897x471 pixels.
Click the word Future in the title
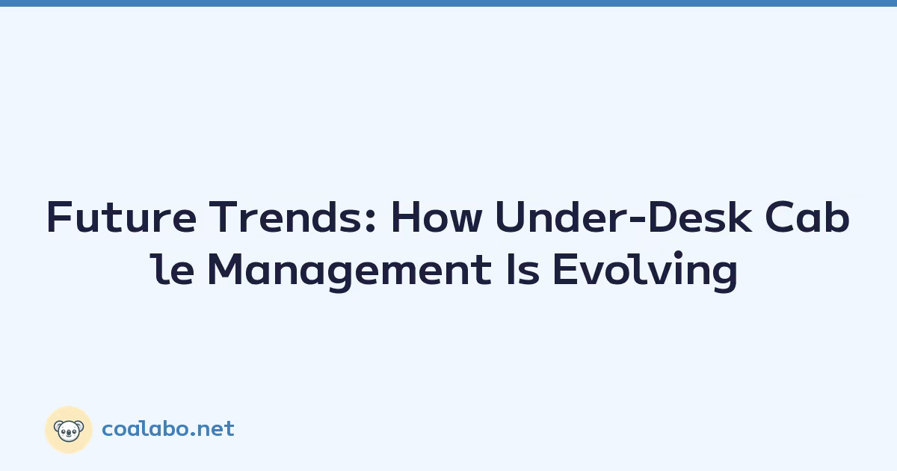coord(121,217)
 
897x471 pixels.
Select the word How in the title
coord(436,217)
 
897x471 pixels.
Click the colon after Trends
coord(371,222)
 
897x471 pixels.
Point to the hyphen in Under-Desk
coord(637,220)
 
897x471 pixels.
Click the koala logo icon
coord(69,430)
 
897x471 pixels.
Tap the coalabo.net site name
coord(168,429)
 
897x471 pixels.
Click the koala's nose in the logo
coord(69,433)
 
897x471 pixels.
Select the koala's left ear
coord(58,426)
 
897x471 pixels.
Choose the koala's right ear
coord(80,426)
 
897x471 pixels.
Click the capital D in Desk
coord(663,217)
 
